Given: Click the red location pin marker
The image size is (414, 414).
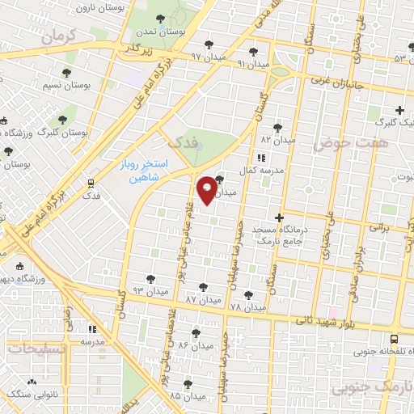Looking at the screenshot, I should [x=207, y=188].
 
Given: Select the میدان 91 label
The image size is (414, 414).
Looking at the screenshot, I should [x=252, y=63].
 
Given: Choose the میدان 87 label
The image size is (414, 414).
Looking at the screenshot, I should [x=202, y=300].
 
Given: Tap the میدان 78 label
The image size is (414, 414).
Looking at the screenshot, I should [x=247, y=308].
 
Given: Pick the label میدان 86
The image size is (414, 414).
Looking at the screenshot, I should [x=194, y=345].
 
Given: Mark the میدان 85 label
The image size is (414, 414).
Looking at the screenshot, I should [x=187, y=395].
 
